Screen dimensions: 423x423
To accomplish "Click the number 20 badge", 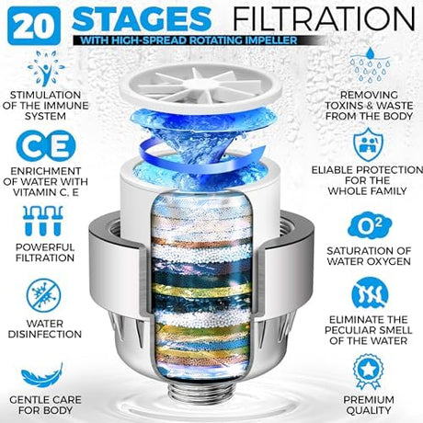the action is point(34,26).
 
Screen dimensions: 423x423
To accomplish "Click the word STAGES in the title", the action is point(142,19).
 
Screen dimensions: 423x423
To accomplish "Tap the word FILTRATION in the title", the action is point(324,18).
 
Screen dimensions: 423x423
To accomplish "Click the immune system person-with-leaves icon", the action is point(46,68).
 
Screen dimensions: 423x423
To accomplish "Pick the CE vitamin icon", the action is point(46,146).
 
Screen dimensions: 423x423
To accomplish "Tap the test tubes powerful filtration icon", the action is point(43,221).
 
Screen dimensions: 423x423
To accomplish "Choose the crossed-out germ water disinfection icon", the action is point(43,295).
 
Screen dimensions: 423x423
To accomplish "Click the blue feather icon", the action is point(42,375).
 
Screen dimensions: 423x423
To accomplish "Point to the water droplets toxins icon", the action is point(371,64).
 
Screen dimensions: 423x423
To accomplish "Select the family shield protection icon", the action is point(368,144).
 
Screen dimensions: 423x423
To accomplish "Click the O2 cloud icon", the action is point(370,226).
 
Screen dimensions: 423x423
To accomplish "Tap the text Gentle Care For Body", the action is point(45,405).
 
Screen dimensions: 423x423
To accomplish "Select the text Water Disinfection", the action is point(45,329).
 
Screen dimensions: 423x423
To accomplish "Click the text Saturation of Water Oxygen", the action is point(369,256).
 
